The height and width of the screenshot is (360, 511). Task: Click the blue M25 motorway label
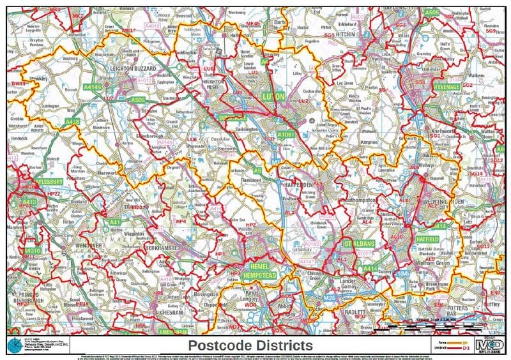[x=330, y=297]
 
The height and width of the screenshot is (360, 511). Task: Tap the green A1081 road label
[x=286, y=135]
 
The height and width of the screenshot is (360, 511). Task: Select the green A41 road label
[x=115, y=222]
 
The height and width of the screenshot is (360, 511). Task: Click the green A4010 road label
[x=31, y=251]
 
